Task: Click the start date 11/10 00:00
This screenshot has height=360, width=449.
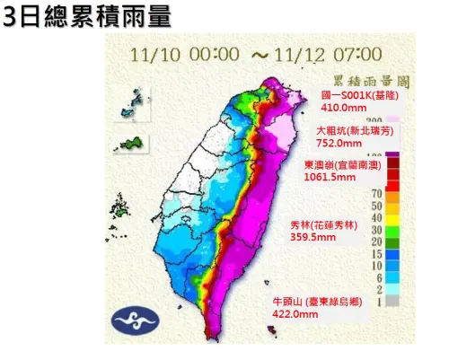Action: tap(185, 53)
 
